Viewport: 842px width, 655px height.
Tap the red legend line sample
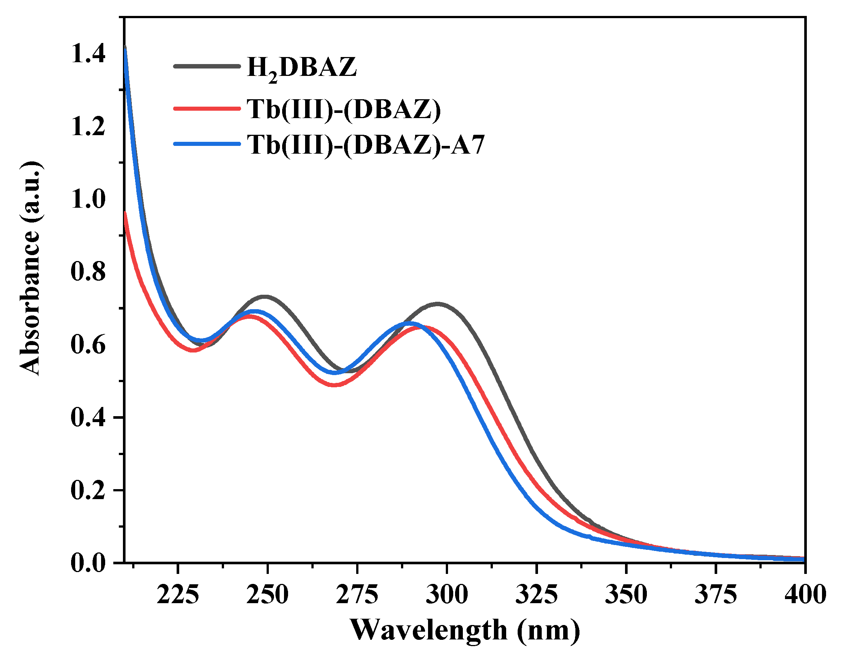pyautogui.click(x=207, y=108)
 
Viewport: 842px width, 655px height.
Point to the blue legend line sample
pyautogui.click(x=207, y=144)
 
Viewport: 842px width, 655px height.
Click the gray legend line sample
pyautogui.click(x=207, y=66)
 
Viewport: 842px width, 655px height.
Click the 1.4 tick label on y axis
pyautogui.click(x=88, y=54)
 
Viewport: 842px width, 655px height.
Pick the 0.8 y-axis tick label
pyautogui.click(x=88, y=271)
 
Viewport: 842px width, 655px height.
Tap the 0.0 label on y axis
pyautogui.click(x=88, y=563)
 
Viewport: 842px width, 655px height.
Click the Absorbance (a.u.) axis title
pyautogui.click(x=30, y=268)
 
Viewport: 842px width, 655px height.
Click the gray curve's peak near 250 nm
pyautogui.click(x=265, y=297)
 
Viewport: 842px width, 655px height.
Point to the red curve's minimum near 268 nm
pyautogui.click(x=335, y=385)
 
